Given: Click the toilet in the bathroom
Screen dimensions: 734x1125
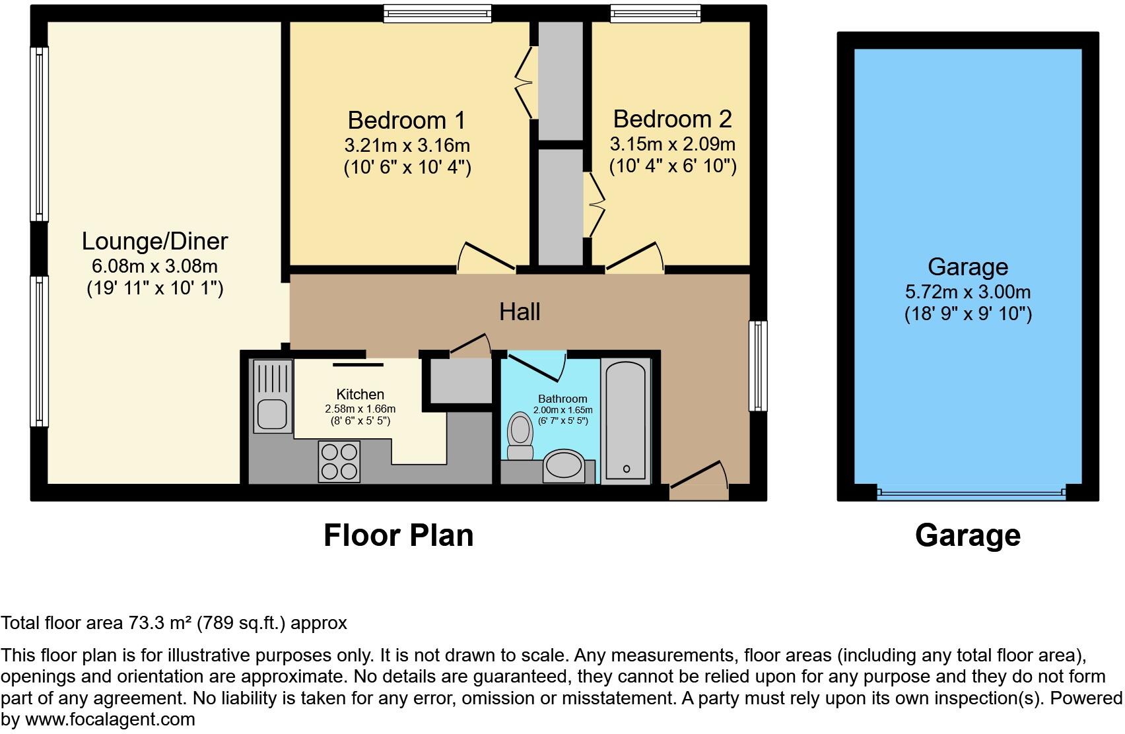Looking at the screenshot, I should point(520,436).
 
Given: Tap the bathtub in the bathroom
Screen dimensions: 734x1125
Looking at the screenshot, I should point(625,422).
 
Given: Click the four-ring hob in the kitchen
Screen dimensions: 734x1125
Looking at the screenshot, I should point(339,461).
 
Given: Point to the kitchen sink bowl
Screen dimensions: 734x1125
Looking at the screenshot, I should point(271,415).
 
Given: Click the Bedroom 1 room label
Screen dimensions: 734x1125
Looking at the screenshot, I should point(406,121).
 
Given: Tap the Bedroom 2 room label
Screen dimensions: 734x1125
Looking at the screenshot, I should point(672,119).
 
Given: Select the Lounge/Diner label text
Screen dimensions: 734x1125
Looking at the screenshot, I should point(154,242).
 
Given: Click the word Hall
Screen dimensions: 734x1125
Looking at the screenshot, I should point(520,312).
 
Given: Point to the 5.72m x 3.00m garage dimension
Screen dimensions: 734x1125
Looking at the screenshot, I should point(967,292).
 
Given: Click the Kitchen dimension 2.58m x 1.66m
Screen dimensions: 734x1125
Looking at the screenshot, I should point(360,409).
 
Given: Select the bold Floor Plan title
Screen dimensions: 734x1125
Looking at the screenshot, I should point(398,535).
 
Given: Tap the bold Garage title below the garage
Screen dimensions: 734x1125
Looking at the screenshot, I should point(967,535).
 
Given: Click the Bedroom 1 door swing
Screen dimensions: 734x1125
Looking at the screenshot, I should point(485,258).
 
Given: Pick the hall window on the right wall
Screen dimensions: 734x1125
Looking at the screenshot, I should point(758,366).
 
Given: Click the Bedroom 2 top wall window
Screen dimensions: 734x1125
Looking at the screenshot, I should point(655,13).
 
